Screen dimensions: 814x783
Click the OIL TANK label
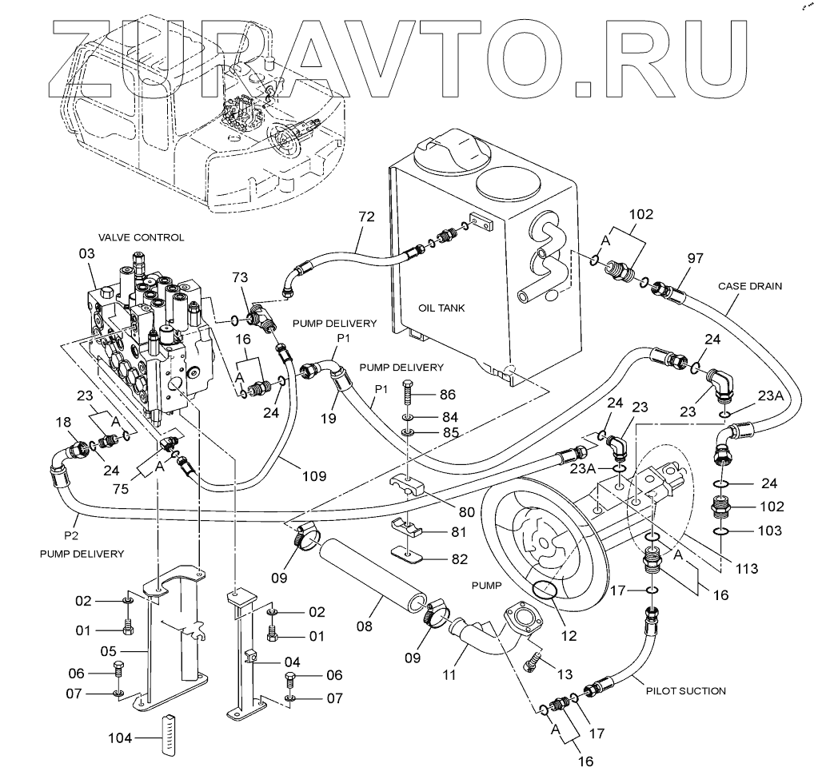(441, 308)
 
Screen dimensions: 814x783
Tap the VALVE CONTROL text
(142, 237)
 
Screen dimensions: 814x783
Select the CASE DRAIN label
(749, 286)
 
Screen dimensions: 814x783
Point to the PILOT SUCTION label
(686, 690)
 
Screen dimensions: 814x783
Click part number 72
(366, 217)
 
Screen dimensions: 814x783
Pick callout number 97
(695, 258)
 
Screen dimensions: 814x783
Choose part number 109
(314, 476)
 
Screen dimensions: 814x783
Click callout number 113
(747, 569)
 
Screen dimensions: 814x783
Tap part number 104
(120, 737)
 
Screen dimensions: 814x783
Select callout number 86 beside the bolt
(448, 395)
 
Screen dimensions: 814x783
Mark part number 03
(87, 254)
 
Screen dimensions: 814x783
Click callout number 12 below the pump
(569, 636)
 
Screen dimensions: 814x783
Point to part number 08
(365, 627)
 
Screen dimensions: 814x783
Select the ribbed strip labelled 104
(168, 735)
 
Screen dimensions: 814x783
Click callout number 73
(240, 277)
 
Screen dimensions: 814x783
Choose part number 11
(449, 674)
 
